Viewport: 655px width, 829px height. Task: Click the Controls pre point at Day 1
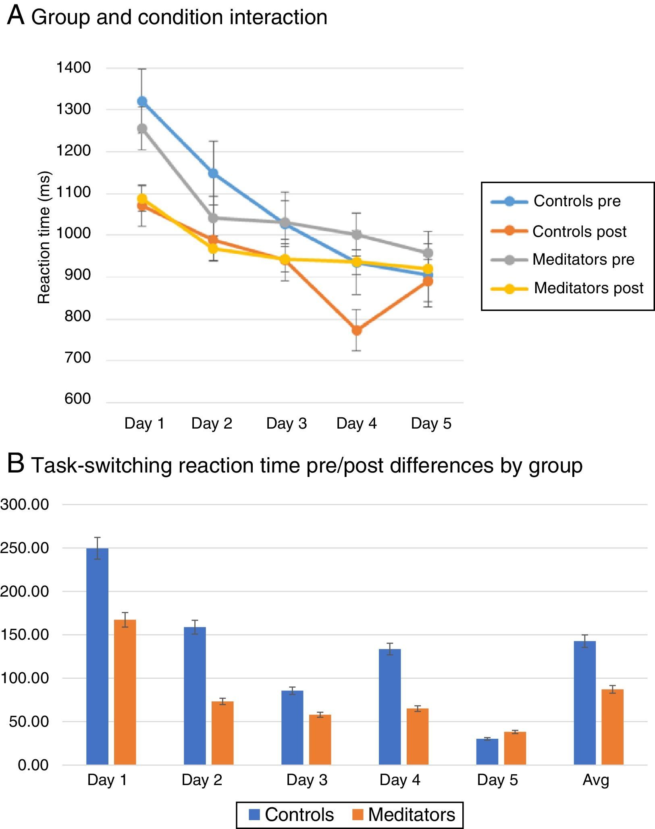click(x=142, y=101)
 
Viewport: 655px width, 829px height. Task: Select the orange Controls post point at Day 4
click(x=357, y=330)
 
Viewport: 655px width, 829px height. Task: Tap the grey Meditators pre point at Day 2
click(x=213, y=218)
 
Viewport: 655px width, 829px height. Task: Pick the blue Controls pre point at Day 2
click(x=213, y=173)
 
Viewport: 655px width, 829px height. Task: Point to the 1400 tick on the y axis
click(x=73, y=68)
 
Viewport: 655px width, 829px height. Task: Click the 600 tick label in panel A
click(x=78, y=399)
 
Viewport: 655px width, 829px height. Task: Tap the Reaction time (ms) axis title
click(x=44, y=238)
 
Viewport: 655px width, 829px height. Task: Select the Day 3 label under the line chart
click(x=287, y=423)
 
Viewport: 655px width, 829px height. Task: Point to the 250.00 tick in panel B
click(x=25, y=548)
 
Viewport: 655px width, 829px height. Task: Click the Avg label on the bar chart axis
click(x=596, y=780)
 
